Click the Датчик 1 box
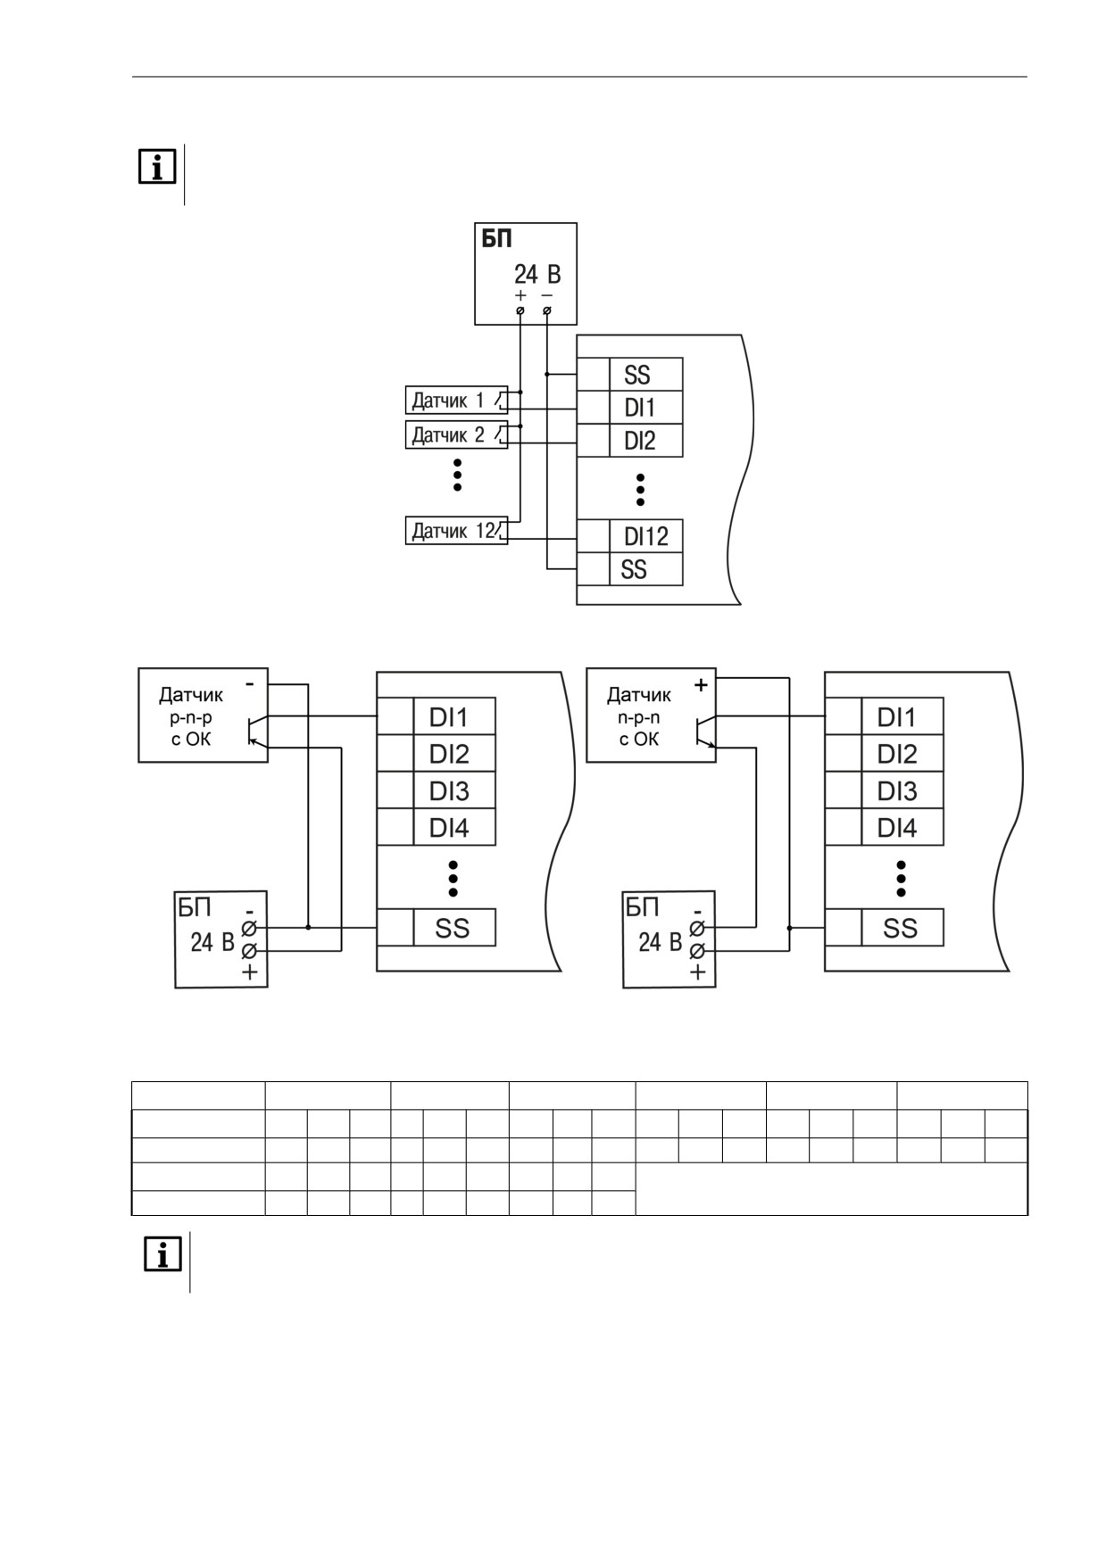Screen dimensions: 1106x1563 tap(456, 401)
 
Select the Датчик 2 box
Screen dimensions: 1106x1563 tap(456, 435)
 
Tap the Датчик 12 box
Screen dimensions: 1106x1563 tap(456, 531)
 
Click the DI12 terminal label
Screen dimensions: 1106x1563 tap(645, 536)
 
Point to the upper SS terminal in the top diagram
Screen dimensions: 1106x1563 tap(645, 375)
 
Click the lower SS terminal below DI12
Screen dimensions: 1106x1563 tap(645, 569)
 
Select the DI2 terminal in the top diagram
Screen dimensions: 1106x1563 tap(645, 440)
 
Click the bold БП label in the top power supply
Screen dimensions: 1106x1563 tap(497, 239)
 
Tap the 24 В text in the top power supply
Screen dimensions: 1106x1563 tap(537, 274)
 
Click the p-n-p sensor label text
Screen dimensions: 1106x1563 tap(191, 716)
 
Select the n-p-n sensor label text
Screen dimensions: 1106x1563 tap(639, 716)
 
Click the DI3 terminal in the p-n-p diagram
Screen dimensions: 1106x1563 tap(453, 790)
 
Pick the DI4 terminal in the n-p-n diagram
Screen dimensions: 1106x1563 tap(902, 828)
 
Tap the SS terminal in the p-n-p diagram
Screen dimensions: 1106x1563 tap(453, 928)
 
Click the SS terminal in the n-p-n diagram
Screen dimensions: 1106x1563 tap(902, 928)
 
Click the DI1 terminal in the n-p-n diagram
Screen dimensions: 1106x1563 tap(902, 716)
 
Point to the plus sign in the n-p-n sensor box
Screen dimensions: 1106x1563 tap(702, 685)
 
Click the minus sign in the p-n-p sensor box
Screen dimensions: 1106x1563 tap(250, 683)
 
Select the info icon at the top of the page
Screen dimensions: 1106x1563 tap(157, 167)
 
